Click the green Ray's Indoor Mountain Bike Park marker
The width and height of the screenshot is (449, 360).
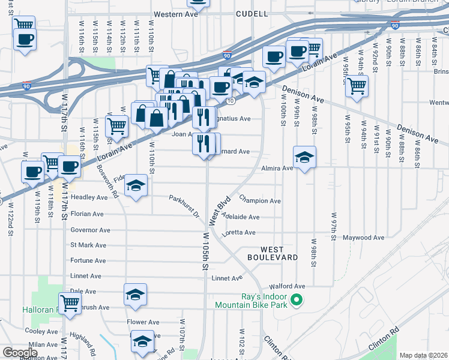[x=295, y=299]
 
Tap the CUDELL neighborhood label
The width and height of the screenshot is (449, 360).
[x=252, y=13]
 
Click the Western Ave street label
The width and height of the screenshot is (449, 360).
[x=176, y=13]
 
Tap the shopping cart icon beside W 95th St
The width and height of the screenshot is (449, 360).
[x=357, y=86]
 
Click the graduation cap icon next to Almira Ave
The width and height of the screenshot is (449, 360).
[x=305, y=157]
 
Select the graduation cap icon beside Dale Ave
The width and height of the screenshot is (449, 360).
[x=135, y=295]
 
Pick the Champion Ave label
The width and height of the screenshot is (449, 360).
[x=260, y=200]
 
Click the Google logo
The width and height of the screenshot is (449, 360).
[x=20, y=353]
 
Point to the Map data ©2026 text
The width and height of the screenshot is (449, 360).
[x=423, y=355]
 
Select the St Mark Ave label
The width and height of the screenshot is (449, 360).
[x=88, y=245]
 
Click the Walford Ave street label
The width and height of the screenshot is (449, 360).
[x=288, y=286]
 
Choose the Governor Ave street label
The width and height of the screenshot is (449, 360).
[x=90, y=230]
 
